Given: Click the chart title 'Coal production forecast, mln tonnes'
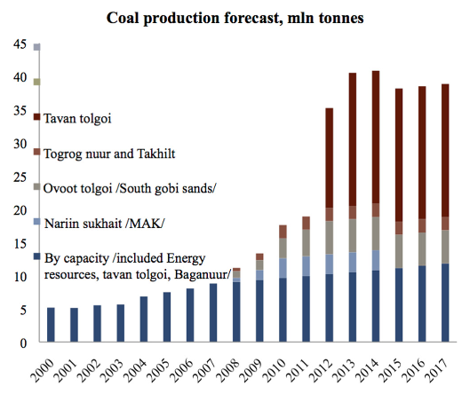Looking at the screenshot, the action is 235,18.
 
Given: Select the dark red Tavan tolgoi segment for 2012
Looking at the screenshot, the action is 329,158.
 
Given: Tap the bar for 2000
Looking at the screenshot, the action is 51,325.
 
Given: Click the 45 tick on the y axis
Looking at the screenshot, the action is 20,44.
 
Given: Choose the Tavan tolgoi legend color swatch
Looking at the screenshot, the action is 36,117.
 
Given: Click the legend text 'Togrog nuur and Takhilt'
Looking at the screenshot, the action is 109,154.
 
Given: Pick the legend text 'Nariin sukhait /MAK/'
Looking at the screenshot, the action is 104,224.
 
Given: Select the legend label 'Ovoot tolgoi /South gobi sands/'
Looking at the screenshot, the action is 130,188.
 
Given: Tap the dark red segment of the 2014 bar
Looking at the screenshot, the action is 376,138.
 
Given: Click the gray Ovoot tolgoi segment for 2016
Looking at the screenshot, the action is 422,249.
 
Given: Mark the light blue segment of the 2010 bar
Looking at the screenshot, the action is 283,268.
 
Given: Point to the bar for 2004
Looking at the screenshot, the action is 144,319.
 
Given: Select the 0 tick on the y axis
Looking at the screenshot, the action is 23,343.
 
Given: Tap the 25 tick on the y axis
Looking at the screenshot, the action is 20,177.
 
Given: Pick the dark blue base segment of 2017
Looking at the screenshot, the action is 445,303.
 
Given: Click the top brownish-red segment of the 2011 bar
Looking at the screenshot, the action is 306,223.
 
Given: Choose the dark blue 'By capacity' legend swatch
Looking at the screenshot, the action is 36,256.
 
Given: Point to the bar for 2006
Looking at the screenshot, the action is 190,315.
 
